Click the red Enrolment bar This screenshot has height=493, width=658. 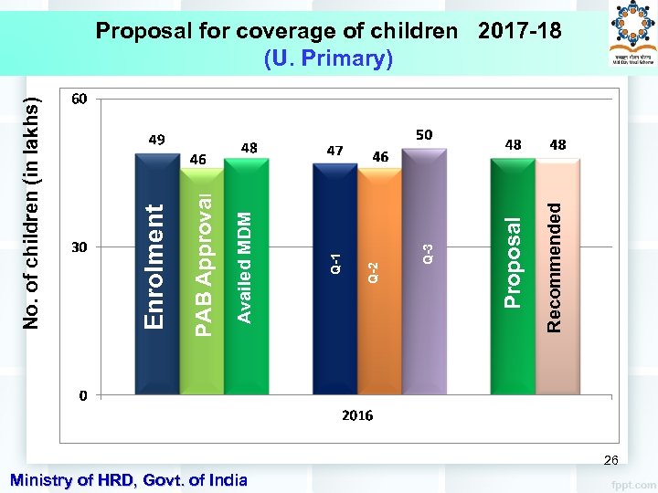156,274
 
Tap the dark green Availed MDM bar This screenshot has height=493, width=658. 243,274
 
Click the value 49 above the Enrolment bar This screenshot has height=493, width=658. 156,140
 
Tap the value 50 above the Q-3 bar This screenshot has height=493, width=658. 424,135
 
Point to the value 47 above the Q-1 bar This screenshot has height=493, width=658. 334,150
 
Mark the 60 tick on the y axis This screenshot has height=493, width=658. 80,98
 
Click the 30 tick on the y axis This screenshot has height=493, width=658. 80,247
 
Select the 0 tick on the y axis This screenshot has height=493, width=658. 82,396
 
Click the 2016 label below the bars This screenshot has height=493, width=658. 357,415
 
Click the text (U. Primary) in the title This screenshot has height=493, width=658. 328,58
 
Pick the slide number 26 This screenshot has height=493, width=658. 610,461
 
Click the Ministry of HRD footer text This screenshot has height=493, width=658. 127,479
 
